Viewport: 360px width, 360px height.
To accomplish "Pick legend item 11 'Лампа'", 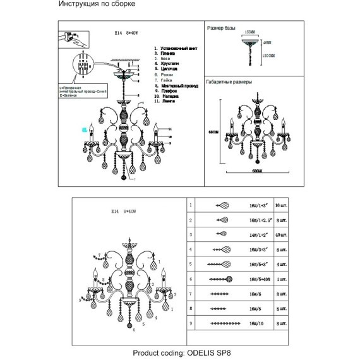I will (x=169, y=101).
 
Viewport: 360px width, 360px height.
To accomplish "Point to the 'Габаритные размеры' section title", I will (x=230, y=83).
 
